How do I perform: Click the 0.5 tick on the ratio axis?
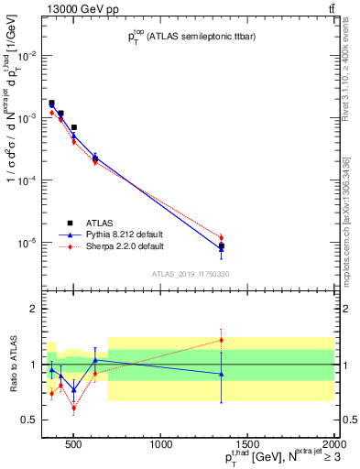tap(34, 420)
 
